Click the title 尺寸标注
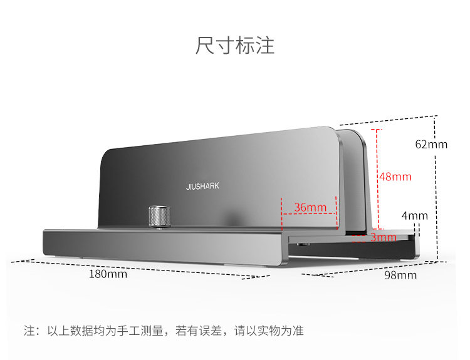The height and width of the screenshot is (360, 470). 235,46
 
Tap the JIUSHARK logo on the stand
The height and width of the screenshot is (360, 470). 202,186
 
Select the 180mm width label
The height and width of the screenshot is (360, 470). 108,274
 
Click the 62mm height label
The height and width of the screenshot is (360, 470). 431,144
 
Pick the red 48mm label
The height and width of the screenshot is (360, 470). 395,177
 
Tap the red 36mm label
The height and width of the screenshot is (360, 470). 310,207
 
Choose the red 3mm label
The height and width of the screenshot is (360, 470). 383,237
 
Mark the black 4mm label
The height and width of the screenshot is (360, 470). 414,216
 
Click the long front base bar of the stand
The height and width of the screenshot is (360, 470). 157,247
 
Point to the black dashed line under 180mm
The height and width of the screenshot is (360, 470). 125,265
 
